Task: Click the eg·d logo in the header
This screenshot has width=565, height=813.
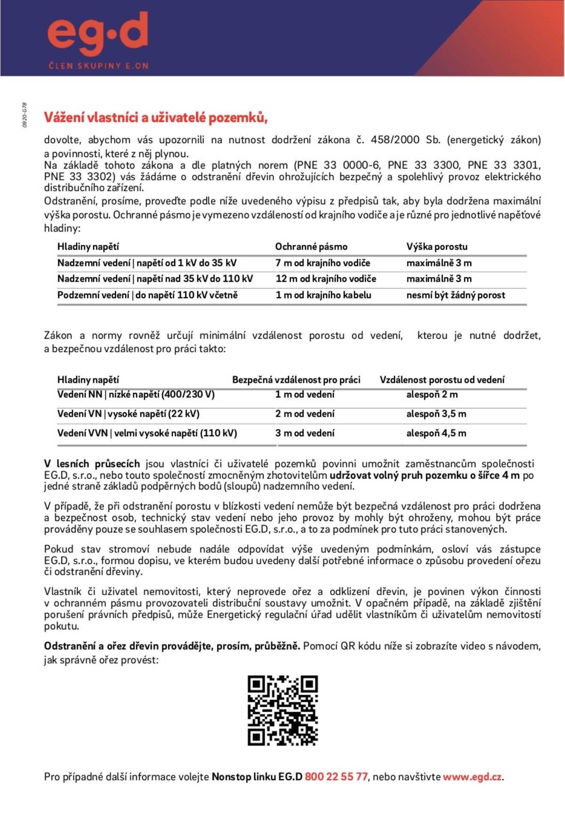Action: tap(98, 34)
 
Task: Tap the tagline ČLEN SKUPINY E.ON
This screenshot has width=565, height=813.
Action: tap(98, 65)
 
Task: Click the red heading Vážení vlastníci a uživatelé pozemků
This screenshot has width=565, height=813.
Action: tap(156, 117)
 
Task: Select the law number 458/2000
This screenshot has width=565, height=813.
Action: tap(395, 140)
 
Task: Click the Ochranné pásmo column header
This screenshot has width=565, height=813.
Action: tap(311, 246)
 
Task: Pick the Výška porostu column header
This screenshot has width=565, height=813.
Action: tap(437, 246)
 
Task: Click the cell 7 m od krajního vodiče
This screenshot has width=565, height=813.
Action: tap(323, 263)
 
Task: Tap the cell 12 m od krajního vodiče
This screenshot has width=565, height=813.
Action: tap(326, 279)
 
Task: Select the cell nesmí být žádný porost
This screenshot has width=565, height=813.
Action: tap(455, 295)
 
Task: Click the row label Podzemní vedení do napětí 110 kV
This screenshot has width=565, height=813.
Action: tap(147, 295)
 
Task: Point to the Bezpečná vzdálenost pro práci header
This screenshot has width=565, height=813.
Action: tap(296, 380)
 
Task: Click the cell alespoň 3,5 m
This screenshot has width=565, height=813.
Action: tap(436, 414)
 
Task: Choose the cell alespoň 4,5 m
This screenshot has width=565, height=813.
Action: tap(436, 433)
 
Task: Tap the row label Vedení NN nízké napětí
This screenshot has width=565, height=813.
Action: tap(136, 395)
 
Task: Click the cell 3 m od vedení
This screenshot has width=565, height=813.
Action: tap(305, 433)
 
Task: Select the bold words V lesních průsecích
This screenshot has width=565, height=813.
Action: tap(92, 464)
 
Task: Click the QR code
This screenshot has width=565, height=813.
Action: tap(282, 711)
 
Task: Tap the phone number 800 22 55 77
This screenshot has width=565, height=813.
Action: tap(336, 777)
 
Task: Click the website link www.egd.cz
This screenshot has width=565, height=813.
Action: tap(472, 777)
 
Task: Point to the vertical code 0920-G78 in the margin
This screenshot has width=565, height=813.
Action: tap(24, 115)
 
